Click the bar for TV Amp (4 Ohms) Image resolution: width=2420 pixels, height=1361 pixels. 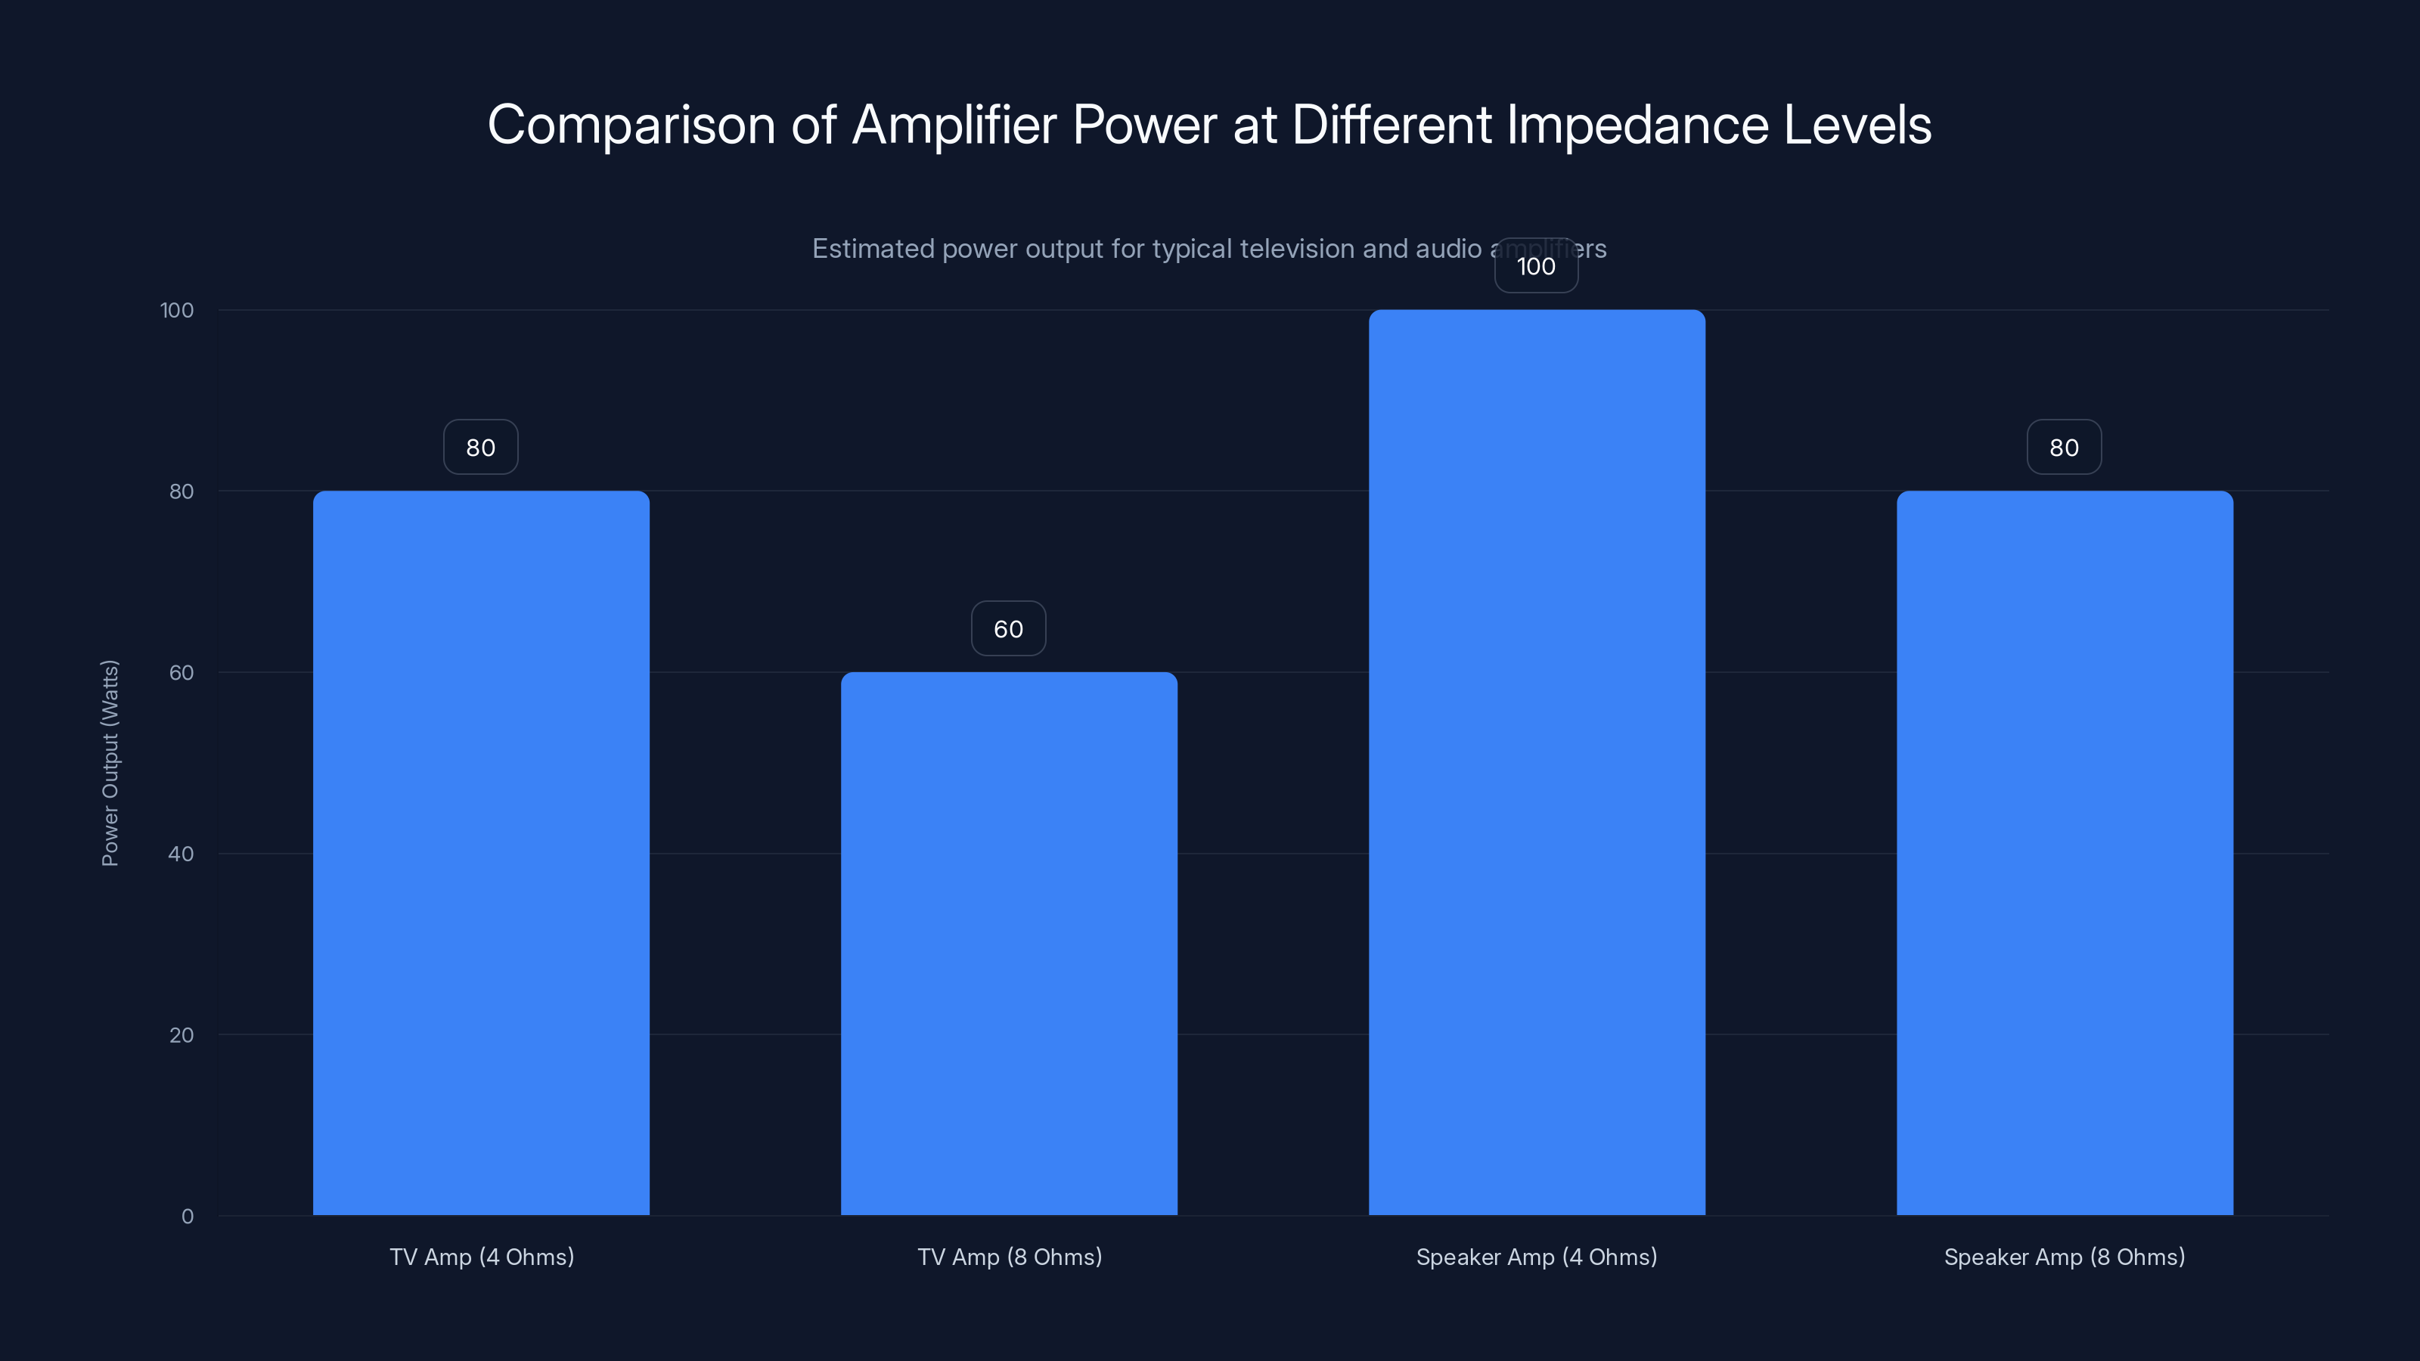tap(481, 853)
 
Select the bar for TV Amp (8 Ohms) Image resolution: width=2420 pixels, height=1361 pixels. tap(1008, 943)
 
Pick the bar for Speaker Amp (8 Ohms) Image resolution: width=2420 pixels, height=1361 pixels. tap(2064, 853)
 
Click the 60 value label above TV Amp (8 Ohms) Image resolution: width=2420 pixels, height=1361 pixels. tap(1008, 629)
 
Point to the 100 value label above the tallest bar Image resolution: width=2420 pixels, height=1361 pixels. tap(1536, 267)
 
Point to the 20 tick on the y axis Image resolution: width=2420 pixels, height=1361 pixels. tap(181, 1035)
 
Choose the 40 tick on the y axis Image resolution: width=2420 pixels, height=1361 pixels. tap(181, 854)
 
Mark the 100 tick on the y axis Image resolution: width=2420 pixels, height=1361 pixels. tap(177, 311)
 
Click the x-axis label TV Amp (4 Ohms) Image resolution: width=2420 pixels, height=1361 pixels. tap(482, 1257)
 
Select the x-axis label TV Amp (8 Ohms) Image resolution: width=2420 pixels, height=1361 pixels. tap(1009, 1257)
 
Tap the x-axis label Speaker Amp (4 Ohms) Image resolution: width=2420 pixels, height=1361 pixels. tap(1536, 1257)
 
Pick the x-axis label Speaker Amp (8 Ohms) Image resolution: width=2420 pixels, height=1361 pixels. tap(2064, 1257)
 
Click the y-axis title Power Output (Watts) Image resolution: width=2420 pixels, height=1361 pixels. tap(110, 763)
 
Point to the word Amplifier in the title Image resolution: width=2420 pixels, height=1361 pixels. tap(954, 125)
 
